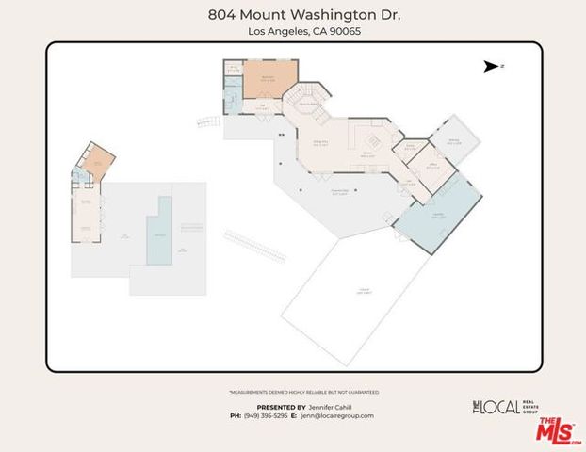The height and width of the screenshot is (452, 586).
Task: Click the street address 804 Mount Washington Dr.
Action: [292, 15]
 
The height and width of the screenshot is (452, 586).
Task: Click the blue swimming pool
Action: [159, 233]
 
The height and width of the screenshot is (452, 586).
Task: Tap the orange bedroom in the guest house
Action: [94, 166]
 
